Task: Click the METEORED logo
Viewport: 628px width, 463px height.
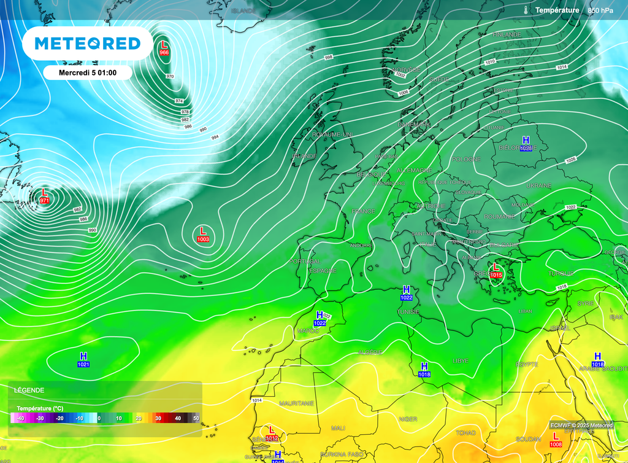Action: point(87,43)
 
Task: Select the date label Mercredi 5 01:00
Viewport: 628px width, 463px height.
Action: point(87,72)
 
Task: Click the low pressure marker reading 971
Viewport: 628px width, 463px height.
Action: point(44,196)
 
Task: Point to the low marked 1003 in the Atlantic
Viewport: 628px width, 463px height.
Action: point(203,235)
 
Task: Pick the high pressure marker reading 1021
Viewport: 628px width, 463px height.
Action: point(84,360)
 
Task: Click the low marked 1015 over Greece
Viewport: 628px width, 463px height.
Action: point(496,271)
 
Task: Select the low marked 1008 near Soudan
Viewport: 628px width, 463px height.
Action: point(556,440)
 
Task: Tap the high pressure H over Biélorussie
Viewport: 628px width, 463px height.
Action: point(526,144)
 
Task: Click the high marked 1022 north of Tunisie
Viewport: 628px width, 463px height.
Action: point(406,293)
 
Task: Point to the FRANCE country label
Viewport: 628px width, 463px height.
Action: point(362,211)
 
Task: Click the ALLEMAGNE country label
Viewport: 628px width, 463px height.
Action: point(415,170)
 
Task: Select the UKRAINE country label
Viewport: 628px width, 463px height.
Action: point(539,185)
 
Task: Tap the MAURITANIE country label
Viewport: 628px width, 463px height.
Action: point(296,403)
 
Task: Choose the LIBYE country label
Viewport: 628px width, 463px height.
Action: point(461,360)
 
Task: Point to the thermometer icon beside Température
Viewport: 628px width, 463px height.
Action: point(526,10)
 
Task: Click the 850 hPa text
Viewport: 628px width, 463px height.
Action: point(600,10)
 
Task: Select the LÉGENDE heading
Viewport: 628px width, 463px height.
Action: point(29,390)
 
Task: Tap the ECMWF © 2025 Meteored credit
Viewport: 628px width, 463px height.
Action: point(581,425)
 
